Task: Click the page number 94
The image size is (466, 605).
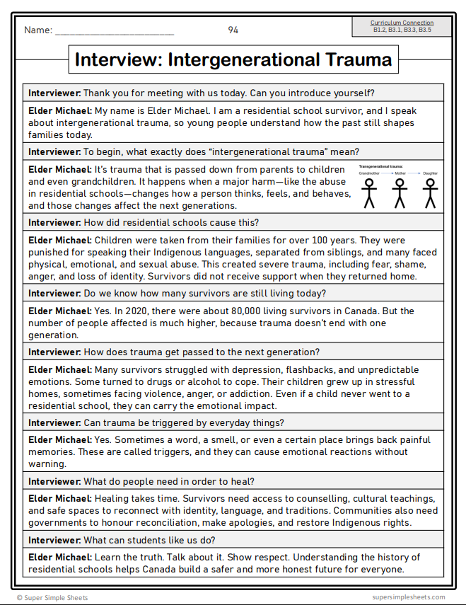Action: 233,30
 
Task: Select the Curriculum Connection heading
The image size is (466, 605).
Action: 402,23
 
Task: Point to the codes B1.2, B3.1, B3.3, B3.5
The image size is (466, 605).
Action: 402,30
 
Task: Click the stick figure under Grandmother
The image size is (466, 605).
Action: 368,192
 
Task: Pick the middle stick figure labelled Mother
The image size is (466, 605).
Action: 400,192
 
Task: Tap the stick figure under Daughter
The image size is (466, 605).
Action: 429,192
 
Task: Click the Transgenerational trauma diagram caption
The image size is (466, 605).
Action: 381,166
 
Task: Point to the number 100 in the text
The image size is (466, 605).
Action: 300,240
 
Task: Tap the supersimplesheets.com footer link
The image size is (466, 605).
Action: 408,597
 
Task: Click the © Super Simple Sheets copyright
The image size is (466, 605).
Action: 52,597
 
